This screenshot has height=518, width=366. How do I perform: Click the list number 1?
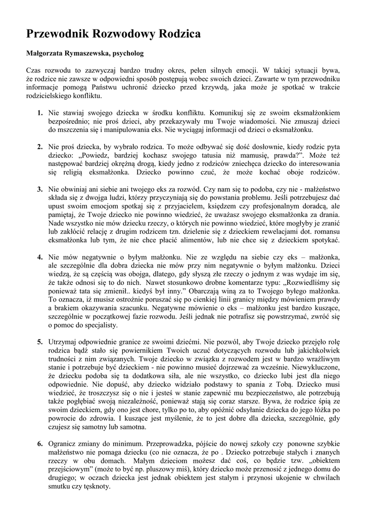click(39, 111)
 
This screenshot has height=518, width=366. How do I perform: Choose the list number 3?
click(39, 189)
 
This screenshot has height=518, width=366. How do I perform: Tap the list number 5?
click(39, 342)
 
